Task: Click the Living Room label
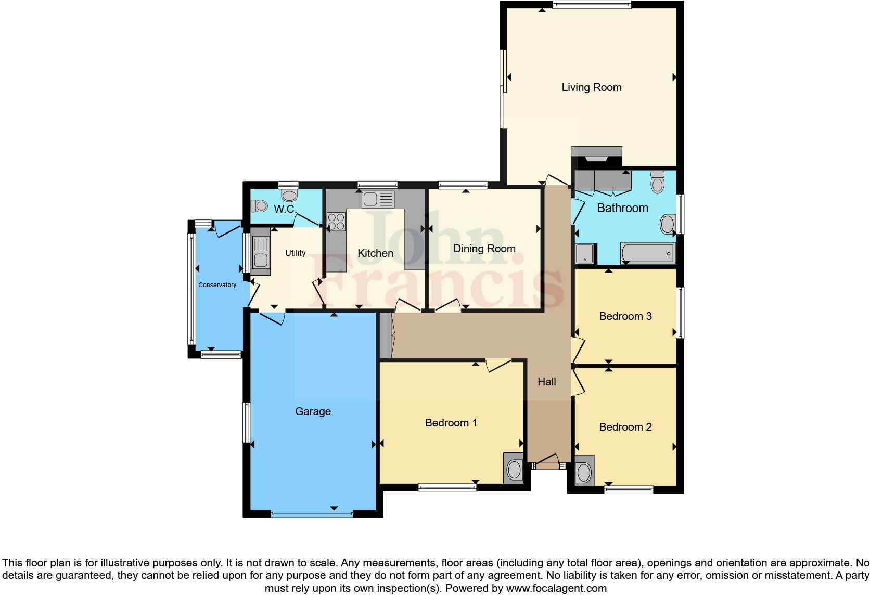[x=591, y=87]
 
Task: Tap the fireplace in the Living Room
[x=596, y=156]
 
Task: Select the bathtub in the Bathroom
[x=648, y=254]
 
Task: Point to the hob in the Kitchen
[x=336, y=222]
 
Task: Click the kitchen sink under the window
[x=378, y=199]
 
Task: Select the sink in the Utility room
[x=260, y=255]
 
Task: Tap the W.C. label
[x=285, y=209]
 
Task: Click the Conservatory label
[x=217, y=285]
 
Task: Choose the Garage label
[x=313, y=411]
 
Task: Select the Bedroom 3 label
[x=625, y=316]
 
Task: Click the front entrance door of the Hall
[x=546, y=461]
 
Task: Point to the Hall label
[x=546, y=382]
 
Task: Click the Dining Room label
[x=484, y=249]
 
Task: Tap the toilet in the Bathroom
[x=658, y=183]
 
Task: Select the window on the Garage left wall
[x=247, y=422]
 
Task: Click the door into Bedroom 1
[x=498, y=365]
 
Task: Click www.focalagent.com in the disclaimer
[x=556, y=589]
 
